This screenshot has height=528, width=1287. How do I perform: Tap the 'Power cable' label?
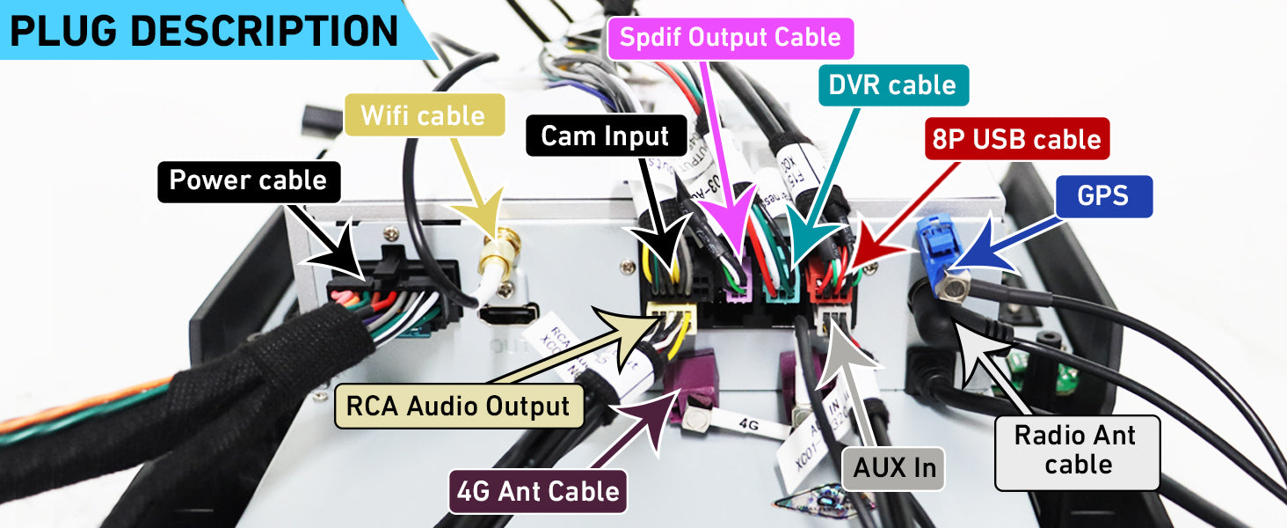(x=248, y=180)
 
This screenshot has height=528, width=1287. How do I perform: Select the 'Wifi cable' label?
(x=423, y=115)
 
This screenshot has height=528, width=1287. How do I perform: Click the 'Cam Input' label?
(x=605, y=136)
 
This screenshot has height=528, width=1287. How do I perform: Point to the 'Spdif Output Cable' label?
(x=731, y=39)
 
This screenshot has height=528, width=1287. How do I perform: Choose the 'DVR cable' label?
(x=892, y=85)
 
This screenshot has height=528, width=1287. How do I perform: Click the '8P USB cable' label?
(x=1017, y=139)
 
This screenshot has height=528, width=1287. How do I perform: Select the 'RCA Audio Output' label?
(x=458, y=406)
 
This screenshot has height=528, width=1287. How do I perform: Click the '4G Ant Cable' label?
(x=538, y=490)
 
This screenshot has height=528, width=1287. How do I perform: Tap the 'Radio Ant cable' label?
(x=1076, y=450)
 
